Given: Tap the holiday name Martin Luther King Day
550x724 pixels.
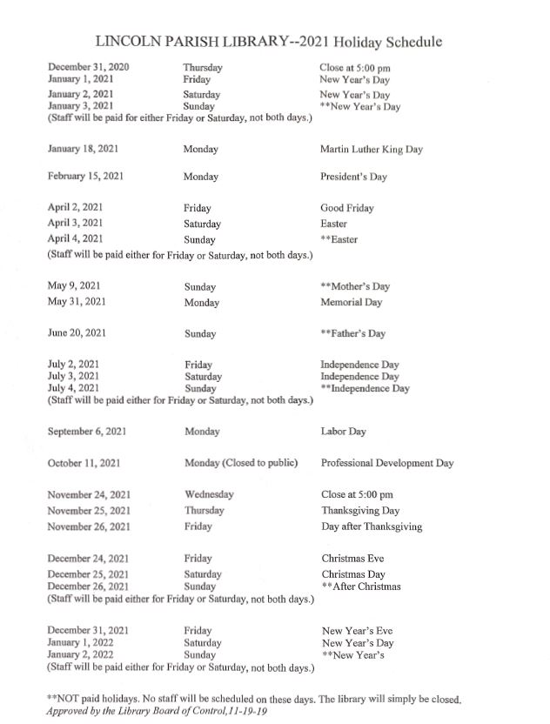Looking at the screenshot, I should (371, 149).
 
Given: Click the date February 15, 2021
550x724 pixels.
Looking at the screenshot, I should (85, 176).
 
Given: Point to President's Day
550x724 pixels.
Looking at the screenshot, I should (353, 177).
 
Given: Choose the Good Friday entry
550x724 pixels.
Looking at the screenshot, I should (346, 208).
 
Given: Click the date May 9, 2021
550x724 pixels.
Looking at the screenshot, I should (76, 285).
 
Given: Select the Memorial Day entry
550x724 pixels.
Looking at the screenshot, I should (351, 302).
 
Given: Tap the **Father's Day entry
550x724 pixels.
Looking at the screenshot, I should (352, 333).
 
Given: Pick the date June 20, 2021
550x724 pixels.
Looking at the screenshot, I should (78, 332).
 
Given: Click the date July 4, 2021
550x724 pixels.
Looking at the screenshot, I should (73, 388).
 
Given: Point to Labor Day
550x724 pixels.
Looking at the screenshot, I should (343, 431).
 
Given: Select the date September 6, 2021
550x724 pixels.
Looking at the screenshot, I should (88, 431).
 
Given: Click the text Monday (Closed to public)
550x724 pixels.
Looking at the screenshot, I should (241, 463).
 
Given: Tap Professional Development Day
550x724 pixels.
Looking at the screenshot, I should (386, 463).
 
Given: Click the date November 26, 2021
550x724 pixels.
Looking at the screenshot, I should (89, 526).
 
